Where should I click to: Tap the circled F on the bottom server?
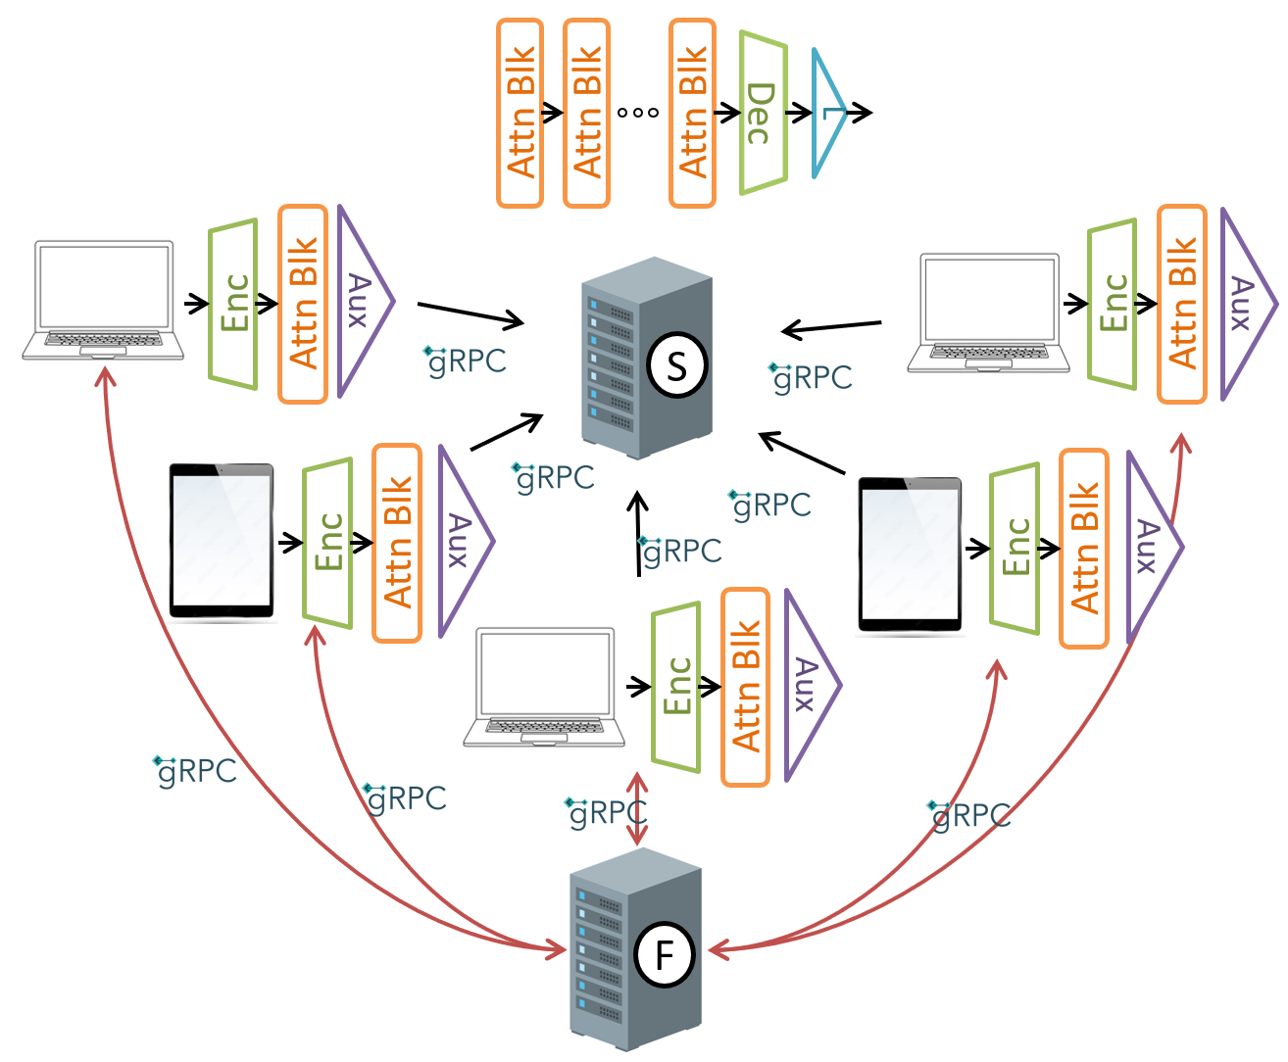pos(665,954)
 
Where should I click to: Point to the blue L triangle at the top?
pos(828,113)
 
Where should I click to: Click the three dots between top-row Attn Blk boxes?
pos(638,113)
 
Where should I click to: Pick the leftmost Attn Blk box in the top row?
pos(520,113)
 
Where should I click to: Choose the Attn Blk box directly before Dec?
pos(692,113)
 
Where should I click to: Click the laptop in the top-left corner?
pos(103,300)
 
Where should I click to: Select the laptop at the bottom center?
pos(544,687)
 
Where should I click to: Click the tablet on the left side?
pos(222,541)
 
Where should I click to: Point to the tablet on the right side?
pos(910,555)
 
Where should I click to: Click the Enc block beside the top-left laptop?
pos(233,303)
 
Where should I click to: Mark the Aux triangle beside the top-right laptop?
pos(1243,304)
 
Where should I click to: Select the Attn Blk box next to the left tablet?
pos(397,543)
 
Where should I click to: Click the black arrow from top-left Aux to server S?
pos(471,314)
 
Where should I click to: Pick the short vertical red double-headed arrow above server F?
pos(638,808)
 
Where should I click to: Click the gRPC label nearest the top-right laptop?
pos(812,377)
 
